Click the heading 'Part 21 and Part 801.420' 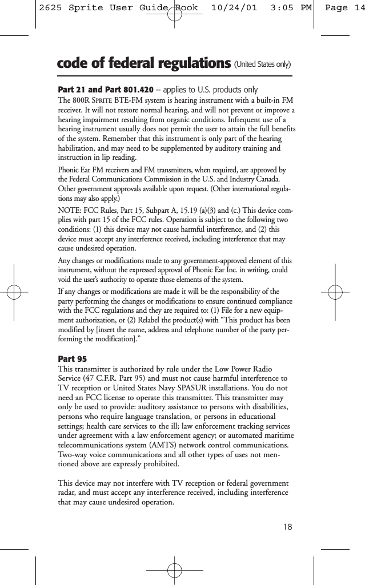[106, 90]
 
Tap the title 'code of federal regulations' [140, 63]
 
